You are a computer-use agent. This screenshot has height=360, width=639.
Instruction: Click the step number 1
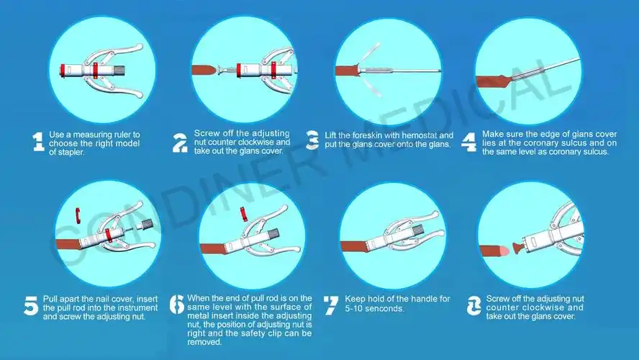(38, 142)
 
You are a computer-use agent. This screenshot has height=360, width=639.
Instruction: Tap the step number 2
(180, 143)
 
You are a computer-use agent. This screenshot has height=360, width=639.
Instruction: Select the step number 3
(312, 140)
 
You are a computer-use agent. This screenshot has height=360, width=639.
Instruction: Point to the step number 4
(468, 143)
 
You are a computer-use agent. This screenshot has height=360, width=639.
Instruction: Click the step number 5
(31, 306)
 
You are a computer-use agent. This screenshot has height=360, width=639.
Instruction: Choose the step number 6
(177, 305)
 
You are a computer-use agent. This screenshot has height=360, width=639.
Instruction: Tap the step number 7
(330, 305)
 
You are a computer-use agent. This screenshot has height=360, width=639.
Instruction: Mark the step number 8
(473, 306)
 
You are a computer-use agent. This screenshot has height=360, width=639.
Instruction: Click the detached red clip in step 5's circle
(78, 215)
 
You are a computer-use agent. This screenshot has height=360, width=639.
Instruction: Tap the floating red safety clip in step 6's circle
(243, 213)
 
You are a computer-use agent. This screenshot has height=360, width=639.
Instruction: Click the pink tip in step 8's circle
(505, 251)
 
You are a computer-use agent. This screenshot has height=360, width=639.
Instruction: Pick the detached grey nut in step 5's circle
(147, 224)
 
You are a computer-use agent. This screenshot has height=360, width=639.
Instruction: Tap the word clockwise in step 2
(256, 143)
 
